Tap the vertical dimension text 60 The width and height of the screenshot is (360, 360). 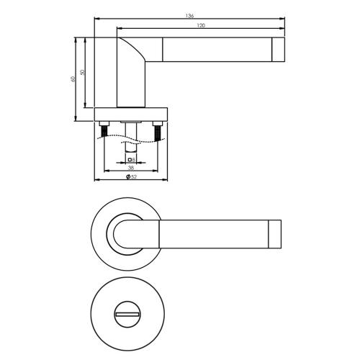coord(73,78)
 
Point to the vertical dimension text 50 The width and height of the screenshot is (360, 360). coord(82,72)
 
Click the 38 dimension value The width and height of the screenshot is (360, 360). coord(131,167)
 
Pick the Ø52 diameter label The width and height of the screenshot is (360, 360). coord(131,176)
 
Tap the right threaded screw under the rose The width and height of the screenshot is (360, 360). coord(157,131)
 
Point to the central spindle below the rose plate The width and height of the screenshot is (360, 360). coord(131,133)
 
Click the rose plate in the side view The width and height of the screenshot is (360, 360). coord(131,114)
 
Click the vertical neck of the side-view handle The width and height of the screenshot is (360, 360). coord(130,86)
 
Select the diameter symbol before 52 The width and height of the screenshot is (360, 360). coord(127,176)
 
